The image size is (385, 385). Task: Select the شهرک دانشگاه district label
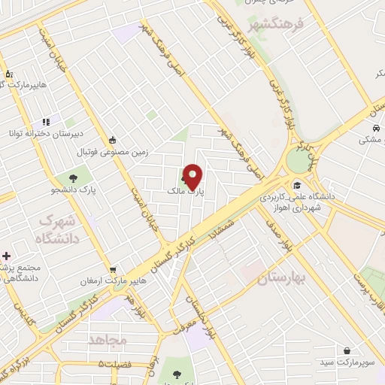click(x=56, y=230)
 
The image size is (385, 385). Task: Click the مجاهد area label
click(x=108, y=340)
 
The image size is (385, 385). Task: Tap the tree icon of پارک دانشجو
click(x=74, y=178)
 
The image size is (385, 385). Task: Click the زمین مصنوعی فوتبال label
click(x=113, y=151)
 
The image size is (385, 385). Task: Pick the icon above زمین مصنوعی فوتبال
click(x=113, y=139)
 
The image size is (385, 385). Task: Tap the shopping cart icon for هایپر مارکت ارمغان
click(x=113, y=268)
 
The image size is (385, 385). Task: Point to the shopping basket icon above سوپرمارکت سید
click(x=347, y=350)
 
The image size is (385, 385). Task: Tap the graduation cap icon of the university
click(x=297, y=185)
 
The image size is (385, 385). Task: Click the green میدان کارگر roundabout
click(x=305, y=159)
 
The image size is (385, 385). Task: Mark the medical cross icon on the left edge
click(x=7, y=257)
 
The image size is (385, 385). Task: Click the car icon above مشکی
click(x=374, y=128)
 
